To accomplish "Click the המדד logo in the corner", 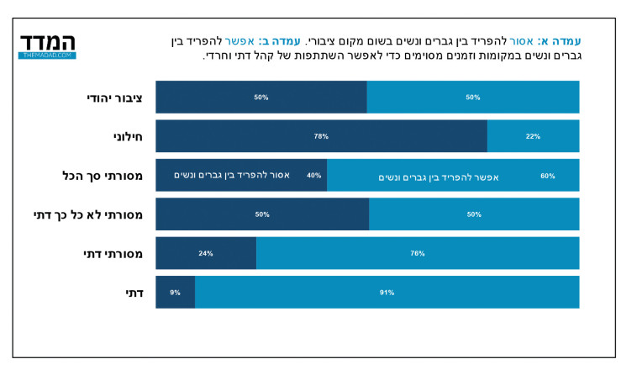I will point(47,43).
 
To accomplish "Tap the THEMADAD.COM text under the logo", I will point(47,55).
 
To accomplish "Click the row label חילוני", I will point(127,136).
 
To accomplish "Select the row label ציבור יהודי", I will point(114,98).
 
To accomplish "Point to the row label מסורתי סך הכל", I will point(103,176).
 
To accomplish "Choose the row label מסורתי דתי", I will point(113,253).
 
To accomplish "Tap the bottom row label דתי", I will point(133,292).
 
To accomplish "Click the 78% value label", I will point(321,136).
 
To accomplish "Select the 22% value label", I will point(533,136).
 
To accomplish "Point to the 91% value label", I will point(387,293).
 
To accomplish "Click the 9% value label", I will point(175,293).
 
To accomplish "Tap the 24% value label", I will point(206,253).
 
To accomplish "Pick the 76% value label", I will point(418,253).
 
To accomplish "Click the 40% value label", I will point(313,176).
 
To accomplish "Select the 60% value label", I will point(547,176).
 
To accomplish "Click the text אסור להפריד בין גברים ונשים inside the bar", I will point(232,175).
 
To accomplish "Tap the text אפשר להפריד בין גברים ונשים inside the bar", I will point(439,177).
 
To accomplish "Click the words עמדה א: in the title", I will point(559,40).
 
